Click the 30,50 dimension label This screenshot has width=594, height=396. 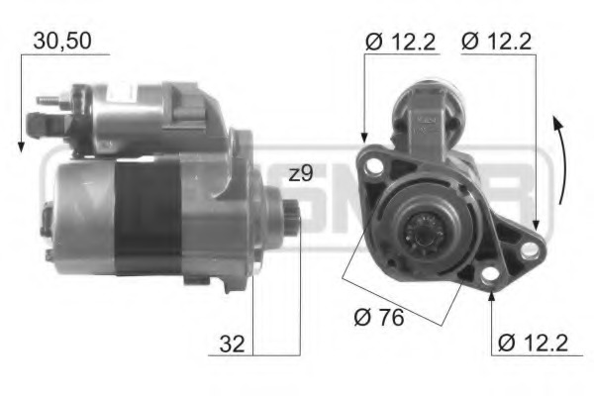point(64,41)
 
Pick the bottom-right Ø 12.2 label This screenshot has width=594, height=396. point(533,343)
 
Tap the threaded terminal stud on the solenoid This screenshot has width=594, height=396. point(48,101)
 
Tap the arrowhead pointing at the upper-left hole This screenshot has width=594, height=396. point(364,140)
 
